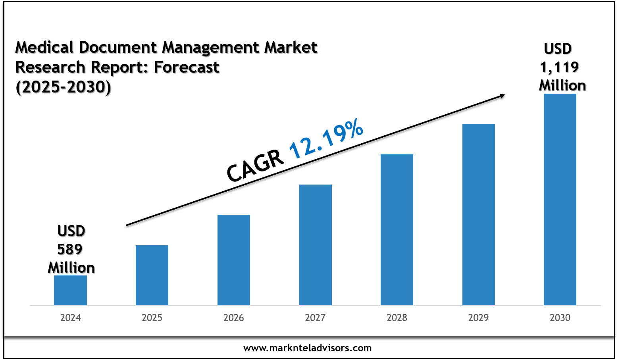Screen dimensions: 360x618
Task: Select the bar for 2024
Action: tap(70, 290)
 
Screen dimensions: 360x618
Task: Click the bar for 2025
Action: tap(152, 275)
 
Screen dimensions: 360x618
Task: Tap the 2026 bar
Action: tap(234, 260)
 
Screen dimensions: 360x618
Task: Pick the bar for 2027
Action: tap(315, 244)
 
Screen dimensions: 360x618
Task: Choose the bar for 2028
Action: tap(397, 229)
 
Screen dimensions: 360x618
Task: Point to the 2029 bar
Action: tap(479, 214)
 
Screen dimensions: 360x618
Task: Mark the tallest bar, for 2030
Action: tap(560, 199)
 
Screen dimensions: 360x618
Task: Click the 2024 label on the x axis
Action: tap(70, 318)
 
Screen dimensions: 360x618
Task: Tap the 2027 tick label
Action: tap(315, 318)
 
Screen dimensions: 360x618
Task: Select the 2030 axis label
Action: tap(560, 318)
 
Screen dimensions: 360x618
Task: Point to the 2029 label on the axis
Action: tap(479, 318)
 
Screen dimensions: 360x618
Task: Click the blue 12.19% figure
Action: tap(326, 139)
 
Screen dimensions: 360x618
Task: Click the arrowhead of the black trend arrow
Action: tap(502, 95)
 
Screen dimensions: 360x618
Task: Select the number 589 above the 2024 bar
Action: tap(70, 249)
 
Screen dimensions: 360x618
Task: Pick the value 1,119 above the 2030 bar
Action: tap(559, 67)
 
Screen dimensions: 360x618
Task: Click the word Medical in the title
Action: tap(44, 48)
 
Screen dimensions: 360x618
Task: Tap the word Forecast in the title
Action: tap(187, 67)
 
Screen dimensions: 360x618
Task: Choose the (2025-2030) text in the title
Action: tap(63, 87)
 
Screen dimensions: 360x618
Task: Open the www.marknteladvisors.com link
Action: tap(308, 348)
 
